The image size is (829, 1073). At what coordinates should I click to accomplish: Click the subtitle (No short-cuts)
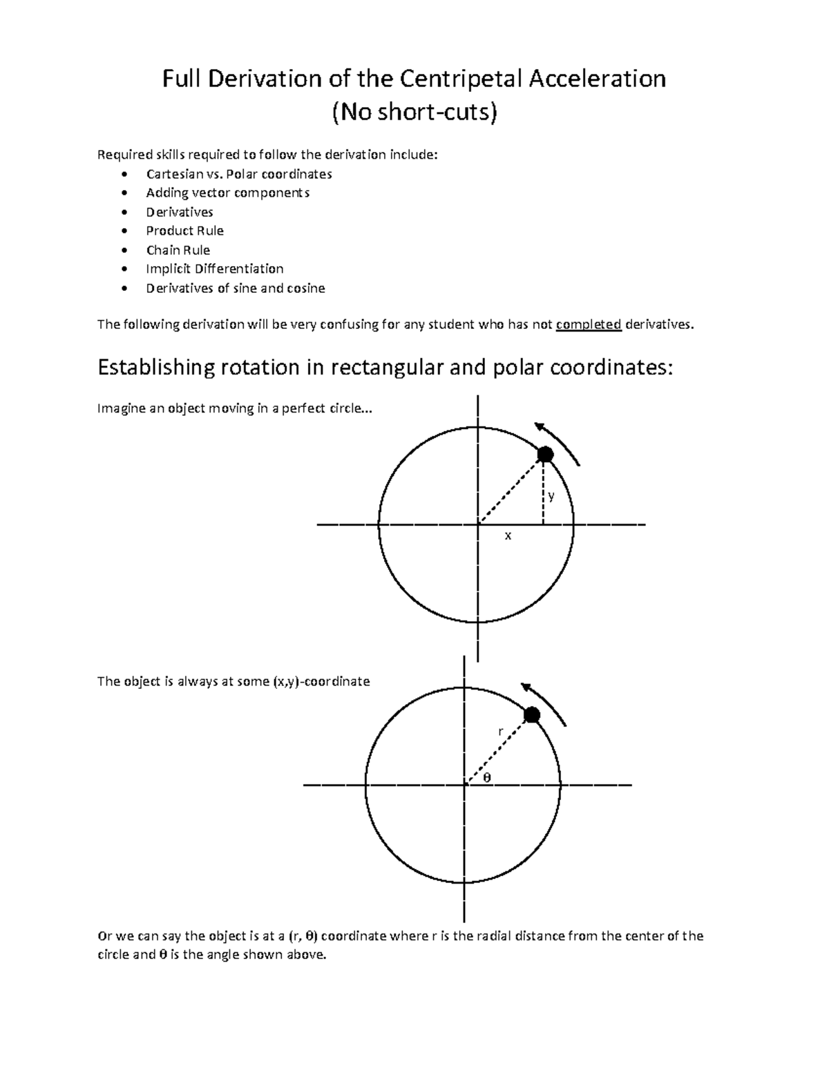coord(414,112)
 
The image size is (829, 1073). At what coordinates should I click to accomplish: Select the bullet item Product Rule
coord(184,231)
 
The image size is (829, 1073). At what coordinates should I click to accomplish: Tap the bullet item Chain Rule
coord(178,250)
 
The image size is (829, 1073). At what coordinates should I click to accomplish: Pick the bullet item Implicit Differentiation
coord(214,269)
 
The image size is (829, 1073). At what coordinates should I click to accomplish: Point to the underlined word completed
coord(589,325)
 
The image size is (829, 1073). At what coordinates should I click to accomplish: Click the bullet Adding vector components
coord(227,193)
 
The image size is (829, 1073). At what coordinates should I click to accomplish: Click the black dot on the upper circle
coord(546,454)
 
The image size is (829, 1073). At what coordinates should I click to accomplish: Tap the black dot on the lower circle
coord(531,715)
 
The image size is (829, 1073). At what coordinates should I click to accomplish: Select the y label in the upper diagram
coord(551,496)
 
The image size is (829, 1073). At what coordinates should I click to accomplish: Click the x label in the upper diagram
coord(508,535)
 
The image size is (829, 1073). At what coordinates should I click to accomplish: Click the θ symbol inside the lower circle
coord(486,777)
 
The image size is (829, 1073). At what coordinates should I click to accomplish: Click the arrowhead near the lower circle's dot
coord(526,687)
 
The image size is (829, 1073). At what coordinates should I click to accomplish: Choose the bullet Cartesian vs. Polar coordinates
coord(238,173)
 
